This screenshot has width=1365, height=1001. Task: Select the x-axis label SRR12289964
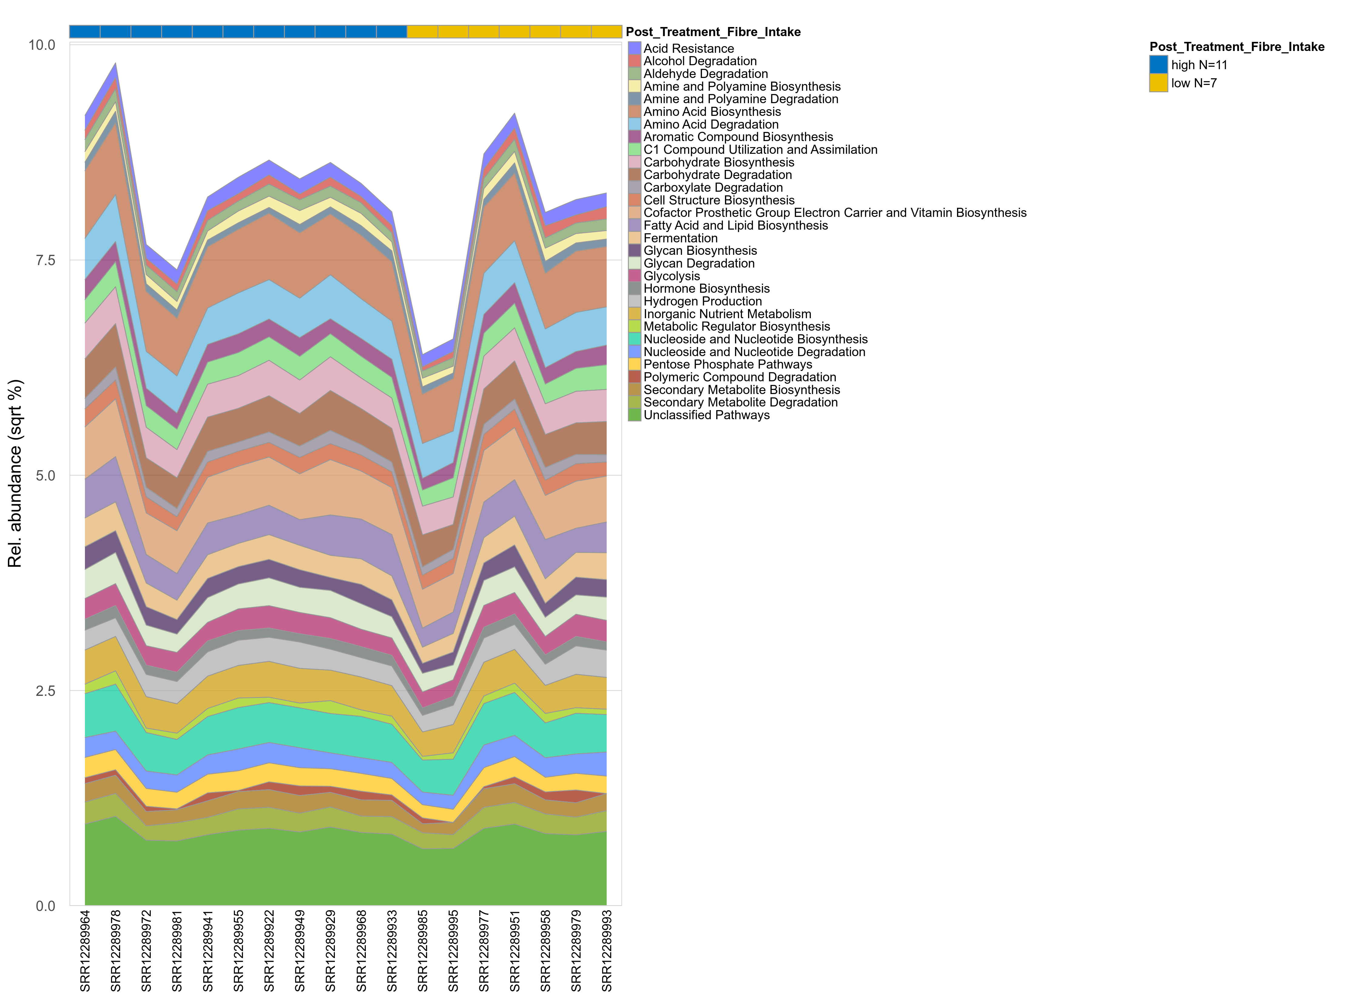86,950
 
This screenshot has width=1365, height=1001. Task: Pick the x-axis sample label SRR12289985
423,950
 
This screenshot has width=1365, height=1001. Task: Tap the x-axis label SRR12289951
515,950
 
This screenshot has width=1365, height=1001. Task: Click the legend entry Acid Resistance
688,49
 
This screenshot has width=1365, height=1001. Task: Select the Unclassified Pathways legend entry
706,415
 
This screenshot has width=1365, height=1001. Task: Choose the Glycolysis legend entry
671,276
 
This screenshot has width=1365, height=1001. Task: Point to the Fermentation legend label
680,238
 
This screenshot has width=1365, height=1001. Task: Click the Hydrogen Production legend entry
702,301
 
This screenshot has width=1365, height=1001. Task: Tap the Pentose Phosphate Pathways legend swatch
634,365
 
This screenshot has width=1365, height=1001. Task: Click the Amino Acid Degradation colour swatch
634,124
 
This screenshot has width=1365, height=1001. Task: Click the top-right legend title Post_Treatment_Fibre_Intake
1237,47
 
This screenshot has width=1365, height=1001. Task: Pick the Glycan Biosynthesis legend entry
700,251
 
